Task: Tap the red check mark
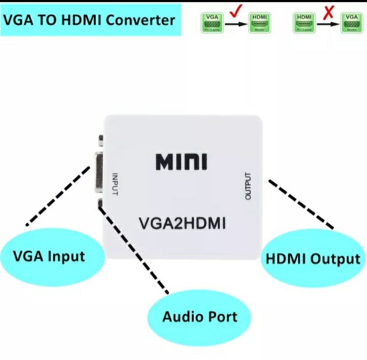[234, 11]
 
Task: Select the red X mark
[329, 11]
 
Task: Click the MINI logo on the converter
[181, 161]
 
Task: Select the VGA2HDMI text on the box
[182, 223]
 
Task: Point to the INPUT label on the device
[115, 184]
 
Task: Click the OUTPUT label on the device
[249, 186]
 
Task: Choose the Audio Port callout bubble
[199, 317]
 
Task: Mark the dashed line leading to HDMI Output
[301, 204]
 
